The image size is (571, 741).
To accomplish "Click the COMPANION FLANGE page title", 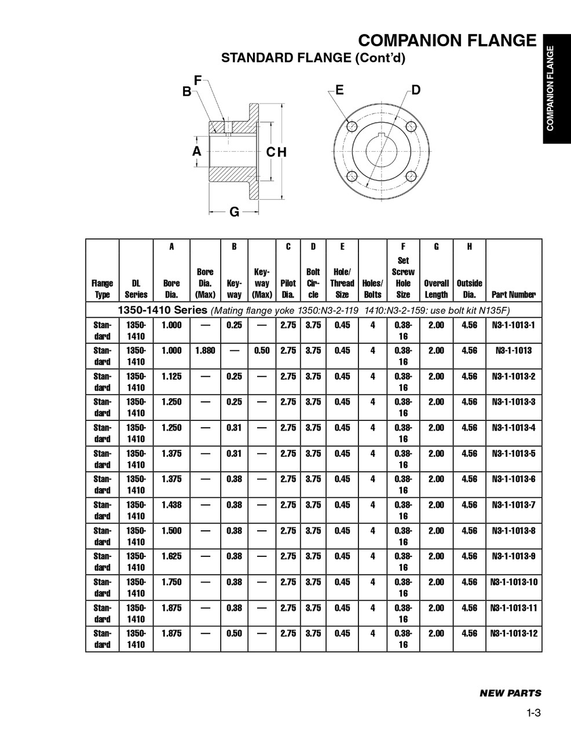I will [447, 41].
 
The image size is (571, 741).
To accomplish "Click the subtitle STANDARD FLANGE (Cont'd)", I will [313, 58].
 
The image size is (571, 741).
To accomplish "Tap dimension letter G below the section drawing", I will [235, 212].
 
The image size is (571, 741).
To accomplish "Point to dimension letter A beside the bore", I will [197, 151].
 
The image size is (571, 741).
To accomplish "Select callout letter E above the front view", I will [339, 90].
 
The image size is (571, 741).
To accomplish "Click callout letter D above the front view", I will [416, 90].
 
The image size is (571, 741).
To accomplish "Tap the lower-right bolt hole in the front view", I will [411, 176].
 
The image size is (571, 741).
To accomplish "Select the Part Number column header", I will [514, 294].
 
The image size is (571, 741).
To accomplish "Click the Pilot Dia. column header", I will [288, 288].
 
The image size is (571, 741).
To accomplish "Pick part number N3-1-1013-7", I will [514, 505].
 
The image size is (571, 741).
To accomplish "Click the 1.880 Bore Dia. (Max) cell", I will [205, 351].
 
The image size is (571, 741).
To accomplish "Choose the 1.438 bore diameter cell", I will [171, 505].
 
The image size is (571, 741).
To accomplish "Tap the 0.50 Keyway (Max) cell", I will [262, 351].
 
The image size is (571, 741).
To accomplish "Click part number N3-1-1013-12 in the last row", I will [514, 633].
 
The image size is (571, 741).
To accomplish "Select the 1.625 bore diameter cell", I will [171, 556].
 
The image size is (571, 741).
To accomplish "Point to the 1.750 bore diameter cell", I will [171, 582].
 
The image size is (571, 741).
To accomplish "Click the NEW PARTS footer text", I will [510, 693].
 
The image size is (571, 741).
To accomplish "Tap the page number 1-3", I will [533, 713].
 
